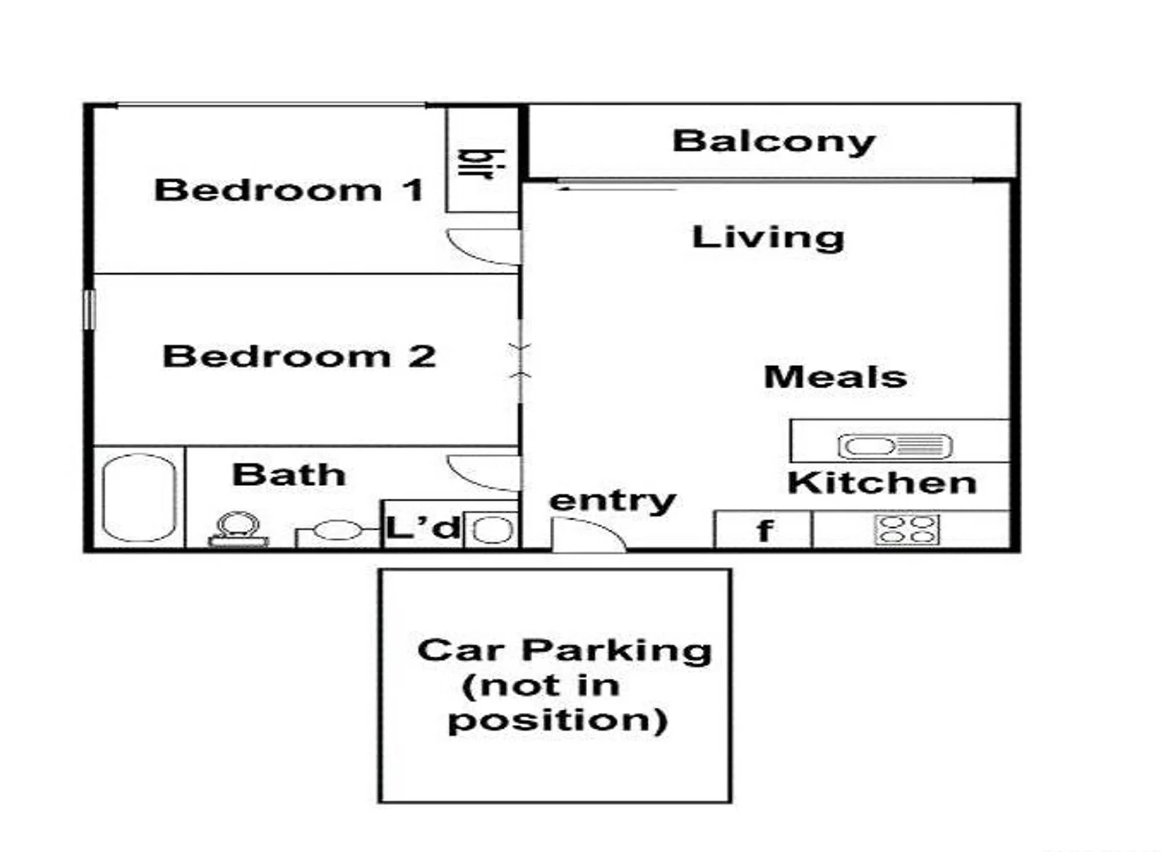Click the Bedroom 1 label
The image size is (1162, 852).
tap(289, 190)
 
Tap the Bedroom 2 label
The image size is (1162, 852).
tap(299, 357)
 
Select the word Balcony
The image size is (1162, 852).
tap(774, 141)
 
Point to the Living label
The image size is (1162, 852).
tap(768, 237)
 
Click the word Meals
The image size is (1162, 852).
tap(835, 377)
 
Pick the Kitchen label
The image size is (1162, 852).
tap(882, 483)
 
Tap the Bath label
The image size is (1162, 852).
tap(289, 475)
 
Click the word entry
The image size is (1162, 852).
tap(612, 500)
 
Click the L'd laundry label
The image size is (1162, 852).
tap(422, 527)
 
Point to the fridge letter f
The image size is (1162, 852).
tap(763, 531)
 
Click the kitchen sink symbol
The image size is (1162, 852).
tap(895, 447)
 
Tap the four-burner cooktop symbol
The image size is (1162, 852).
tap(906, 529)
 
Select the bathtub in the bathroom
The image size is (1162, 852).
tap(140, 498)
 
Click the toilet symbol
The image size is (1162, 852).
tap(238, 528)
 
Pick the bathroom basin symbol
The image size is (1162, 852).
tap(337, 530)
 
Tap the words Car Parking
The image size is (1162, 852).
tap(564, 650)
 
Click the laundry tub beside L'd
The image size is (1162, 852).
tap(493, 529)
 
